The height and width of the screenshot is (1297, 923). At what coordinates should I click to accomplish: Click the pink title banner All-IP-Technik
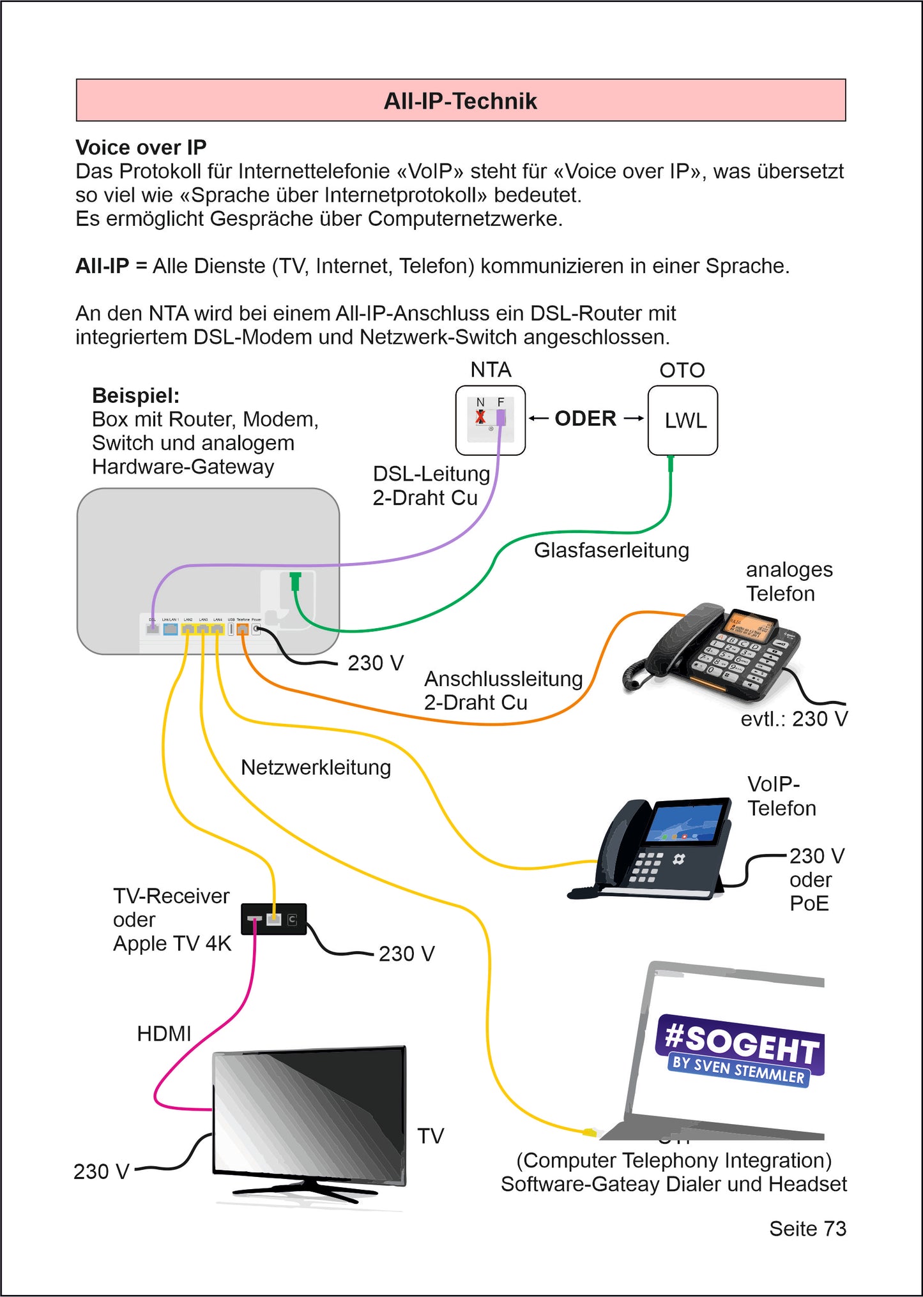[461, 100]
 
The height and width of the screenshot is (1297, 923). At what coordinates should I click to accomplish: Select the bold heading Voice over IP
[141, 147]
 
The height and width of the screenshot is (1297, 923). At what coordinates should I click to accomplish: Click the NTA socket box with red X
[490, 420]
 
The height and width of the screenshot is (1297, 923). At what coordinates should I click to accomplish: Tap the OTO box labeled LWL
[682, 420]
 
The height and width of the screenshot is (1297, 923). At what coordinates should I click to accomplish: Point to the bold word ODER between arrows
[585, 419]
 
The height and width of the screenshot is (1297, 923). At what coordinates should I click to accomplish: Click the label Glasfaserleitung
[611, 550]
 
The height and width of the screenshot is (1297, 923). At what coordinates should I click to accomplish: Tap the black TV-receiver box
[273, 919]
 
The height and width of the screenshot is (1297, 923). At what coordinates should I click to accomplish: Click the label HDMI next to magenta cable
[164, 1033]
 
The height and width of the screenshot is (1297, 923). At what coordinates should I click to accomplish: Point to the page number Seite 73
[807, 1229]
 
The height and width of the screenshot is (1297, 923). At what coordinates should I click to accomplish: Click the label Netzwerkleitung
[316, 767]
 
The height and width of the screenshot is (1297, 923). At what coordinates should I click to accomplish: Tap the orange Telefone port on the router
[242, 629]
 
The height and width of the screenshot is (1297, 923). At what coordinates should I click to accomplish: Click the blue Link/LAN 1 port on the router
[170, 629]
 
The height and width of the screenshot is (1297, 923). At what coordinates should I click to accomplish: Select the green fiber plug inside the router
[295, 581]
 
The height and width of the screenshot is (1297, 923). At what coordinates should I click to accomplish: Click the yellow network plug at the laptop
[589, 1132]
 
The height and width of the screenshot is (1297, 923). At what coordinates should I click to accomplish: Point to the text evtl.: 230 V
[794, 719]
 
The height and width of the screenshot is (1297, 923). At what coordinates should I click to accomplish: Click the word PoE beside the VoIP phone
[809, 903]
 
